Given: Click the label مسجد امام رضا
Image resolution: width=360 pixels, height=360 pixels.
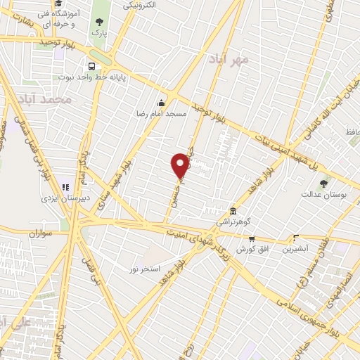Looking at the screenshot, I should pyautogui.click(x=161, y=112).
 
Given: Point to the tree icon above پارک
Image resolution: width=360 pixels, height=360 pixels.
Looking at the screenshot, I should pyautogui.click(x=98, y=21).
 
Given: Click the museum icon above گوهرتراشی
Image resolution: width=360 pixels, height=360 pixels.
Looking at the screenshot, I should pyautogui.click(x=233, y=211).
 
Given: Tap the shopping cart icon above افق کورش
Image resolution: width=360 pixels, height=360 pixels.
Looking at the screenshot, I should pyautogui.click(x=250, y=239).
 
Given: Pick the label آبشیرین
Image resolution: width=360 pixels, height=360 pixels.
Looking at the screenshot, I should pyautogui.click(x=295, y=249).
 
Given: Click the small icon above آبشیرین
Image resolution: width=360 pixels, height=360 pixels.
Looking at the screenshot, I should pyautogui.click(x=295, y=238).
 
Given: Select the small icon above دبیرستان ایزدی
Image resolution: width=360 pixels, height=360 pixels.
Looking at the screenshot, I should pyautogui.click(x=64, y=188).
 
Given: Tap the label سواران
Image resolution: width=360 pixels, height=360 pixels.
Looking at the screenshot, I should pyautogui.click(x=41, y=232).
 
